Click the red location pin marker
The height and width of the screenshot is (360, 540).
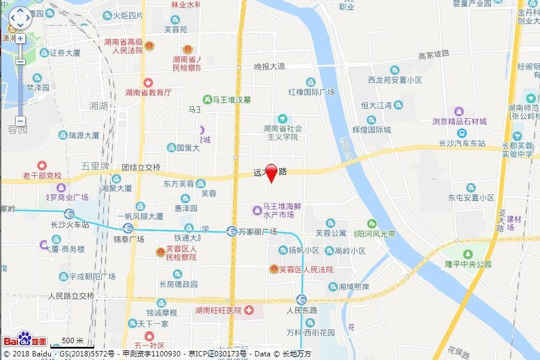click(271, 172)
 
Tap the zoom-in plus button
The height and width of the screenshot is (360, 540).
click(20, 38)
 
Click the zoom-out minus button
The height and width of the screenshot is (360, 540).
click(20, 120)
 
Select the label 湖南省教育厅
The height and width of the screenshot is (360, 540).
click(148, 93)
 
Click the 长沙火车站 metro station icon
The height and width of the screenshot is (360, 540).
click(70, 214)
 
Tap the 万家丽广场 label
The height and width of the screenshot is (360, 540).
click(257, 232)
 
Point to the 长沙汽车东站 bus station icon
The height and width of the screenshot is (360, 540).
click(461, 133)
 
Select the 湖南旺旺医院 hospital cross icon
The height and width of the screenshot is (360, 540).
click(250, 310)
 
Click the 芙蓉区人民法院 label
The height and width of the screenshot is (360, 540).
click(309, 270)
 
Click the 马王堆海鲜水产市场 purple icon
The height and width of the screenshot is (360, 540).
click(257, 211)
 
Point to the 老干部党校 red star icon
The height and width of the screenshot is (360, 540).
click(41, 165)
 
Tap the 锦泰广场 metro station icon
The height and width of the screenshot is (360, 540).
click(127, 228)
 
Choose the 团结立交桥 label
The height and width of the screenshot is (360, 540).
click(141, 167)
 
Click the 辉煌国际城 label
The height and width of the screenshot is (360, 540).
click(371, 130)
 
